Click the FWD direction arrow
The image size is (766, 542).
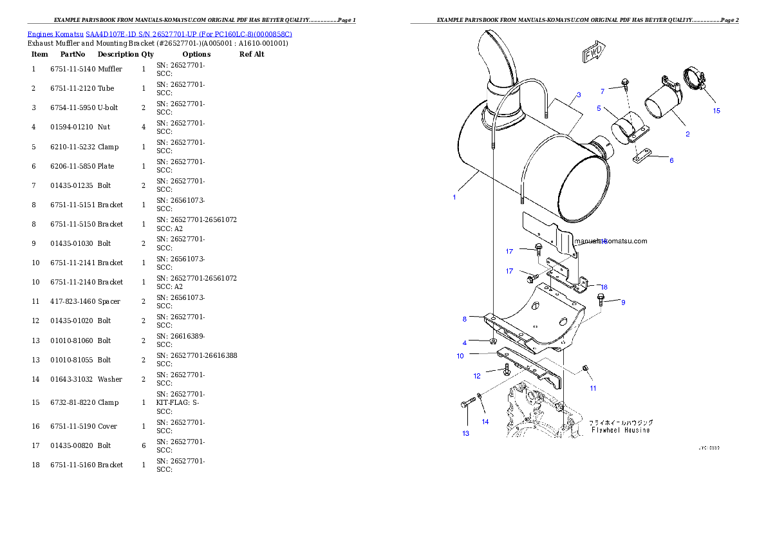click(593, 53)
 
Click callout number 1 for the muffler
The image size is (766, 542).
click(454, 198)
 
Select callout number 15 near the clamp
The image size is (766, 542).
click(716, 110)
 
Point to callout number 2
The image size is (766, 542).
click(687, 134)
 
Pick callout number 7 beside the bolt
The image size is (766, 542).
click(603, 91)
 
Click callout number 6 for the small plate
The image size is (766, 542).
click(671, 160)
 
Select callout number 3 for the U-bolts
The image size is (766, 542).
click(579, 95)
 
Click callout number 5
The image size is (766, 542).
click(599, 108)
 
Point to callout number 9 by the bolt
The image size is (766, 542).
click(623, 302)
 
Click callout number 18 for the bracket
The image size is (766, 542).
click(604, 287)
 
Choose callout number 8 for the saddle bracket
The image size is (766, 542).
click(464, 319)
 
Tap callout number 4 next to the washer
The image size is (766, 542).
click(464, 342)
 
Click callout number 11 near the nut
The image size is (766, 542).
click(593, 388)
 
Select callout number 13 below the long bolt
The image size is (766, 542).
click(465, 433)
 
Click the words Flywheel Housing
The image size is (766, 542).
click(621, 430)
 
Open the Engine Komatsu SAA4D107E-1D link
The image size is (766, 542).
click(160, 33)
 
